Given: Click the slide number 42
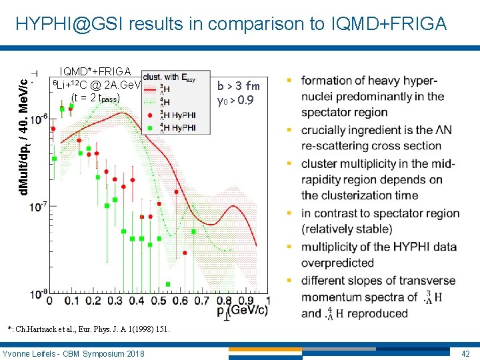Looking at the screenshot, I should point(465,353).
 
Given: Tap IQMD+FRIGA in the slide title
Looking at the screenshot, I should point(388,24).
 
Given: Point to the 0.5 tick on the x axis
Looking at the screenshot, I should point(159,301).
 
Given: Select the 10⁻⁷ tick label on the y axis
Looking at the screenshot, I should point(38,206).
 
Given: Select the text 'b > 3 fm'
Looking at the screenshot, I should point(238,86).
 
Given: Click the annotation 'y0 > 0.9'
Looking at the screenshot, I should point(235,101).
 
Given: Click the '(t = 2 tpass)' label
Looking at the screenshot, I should point(95,99).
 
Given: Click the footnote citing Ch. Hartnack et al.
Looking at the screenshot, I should point(89,329).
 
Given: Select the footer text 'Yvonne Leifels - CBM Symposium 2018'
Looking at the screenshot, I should point(73,353).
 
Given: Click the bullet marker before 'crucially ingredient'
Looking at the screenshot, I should point(289,129).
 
